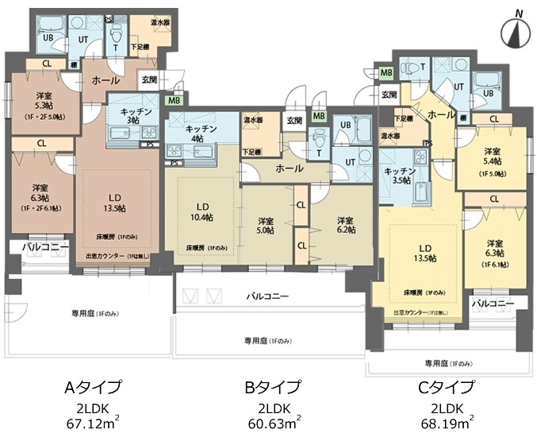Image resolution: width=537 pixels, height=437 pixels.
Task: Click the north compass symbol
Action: (x=516, y=33)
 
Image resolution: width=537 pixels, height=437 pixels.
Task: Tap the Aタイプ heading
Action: (x=93, y=388)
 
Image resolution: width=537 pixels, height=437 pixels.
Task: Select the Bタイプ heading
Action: (x=272, y=388)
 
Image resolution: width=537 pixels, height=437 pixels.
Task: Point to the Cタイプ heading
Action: (x=448, y=388)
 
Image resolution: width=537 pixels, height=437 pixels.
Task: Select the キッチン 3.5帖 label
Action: (x=397, y=176)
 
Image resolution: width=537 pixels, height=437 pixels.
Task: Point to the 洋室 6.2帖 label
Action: (x=345, y=225)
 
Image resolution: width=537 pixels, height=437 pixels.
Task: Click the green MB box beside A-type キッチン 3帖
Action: (x=172, y=101)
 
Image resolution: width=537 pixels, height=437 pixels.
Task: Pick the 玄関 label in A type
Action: (x=148, y=79)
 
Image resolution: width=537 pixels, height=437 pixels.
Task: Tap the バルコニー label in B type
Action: (x=267, y=296)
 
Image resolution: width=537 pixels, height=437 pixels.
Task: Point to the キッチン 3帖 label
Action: (x=136, y=117)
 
